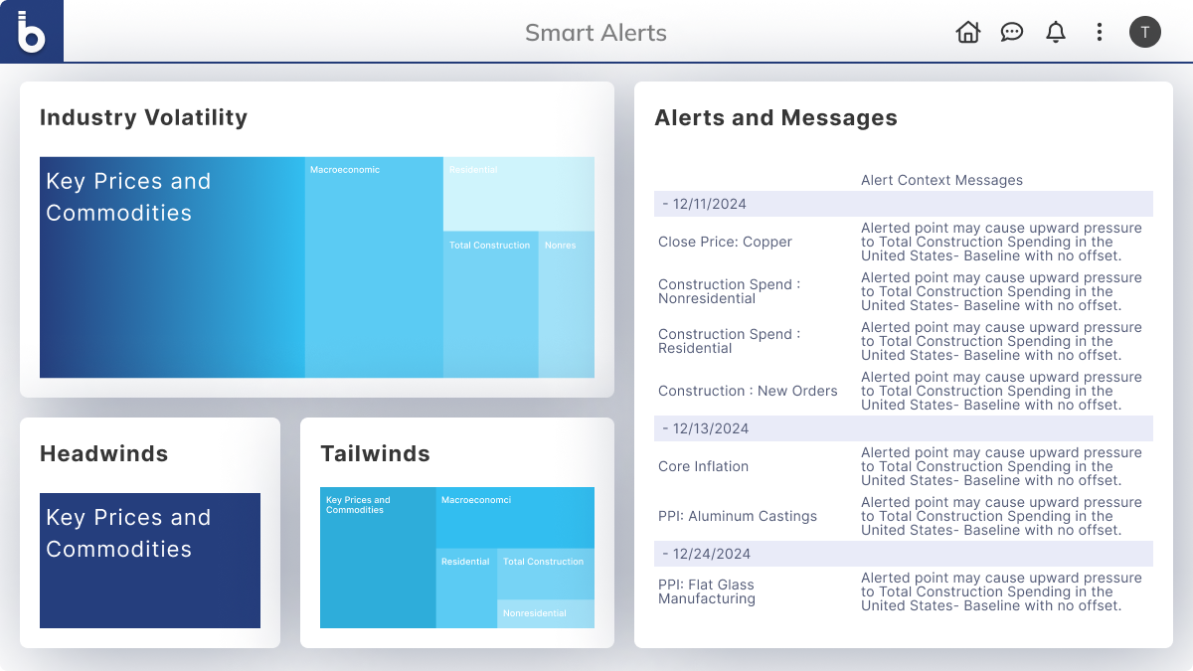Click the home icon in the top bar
pos(967,32)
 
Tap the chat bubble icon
pos(1011,32)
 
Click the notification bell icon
pos(1055,32)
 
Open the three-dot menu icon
pos(1100,32)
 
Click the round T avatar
pos(1145,32)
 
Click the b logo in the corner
pos(32,32)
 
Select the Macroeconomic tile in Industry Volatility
pos(374,267)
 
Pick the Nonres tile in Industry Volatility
pos(566,304)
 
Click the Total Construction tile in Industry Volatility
pos(490,304)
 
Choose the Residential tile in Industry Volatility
pos(519,194)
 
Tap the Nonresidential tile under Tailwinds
pos(546,613)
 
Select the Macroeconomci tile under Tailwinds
pos(515,518)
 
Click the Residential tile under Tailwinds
pos(466,587)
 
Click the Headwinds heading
pos(103,453)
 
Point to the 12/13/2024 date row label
pos(705,428)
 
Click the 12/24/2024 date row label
pos(706,554)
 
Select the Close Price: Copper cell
pos(725,242)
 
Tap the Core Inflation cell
pos(703,466)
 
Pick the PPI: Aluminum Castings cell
pos(737,516)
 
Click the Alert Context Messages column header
pos(941,180)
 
